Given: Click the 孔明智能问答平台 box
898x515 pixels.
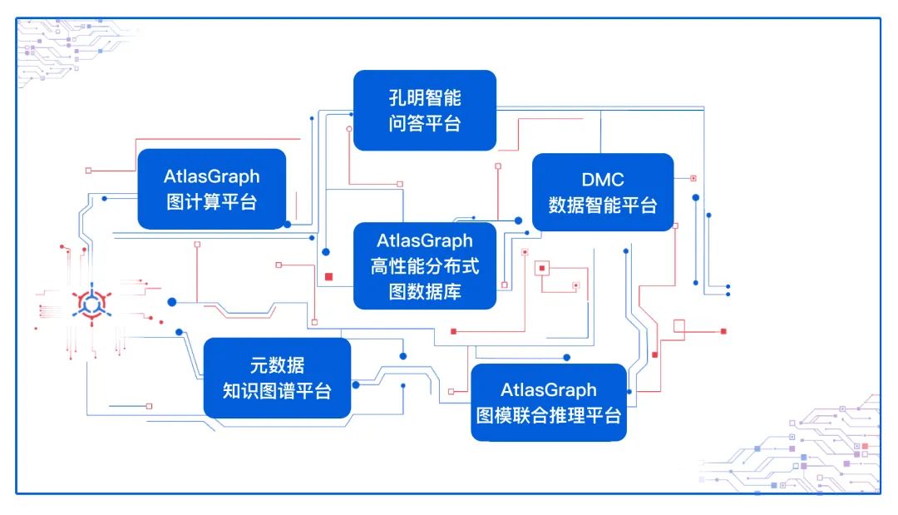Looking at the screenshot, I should [425, 111].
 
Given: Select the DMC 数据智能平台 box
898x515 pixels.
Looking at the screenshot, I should [603, 193].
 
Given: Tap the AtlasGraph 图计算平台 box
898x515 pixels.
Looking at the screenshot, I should [211, 189].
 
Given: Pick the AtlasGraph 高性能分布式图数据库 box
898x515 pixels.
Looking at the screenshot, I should [425, 266].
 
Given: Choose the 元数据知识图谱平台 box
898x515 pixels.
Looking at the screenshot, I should [277, 378].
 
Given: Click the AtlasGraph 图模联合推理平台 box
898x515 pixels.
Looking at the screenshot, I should [549, 403].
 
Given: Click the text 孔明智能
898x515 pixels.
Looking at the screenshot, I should [425, 98].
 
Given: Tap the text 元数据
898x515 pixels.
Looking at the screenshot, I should [277, 365].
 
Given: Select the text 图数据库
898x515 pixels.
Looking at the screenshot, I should [425, 292].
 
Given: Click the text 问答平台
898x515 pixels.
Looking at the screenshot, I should [425, 124].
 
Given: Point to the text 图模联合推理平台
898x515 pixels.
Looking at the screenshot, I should [549, 415].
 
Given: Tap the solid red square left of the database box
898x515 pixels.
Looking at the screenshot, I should [329, 277].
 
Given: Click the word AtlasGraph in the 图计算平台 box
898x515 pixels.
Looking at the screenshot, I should [211, 176].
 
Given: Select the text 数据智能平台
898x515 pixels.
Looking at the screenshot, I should [603, 206].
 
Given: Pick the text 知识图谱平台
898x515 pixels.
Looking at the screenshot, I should [277, 391].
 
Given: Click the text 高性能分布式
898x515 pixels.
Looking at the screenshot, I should [425, 266].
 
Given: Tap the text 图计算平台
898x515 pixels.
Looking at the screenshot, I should [211, 202].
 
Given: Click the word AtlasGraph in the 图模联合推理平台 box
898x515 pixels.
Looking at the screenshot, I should [549, 390].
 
